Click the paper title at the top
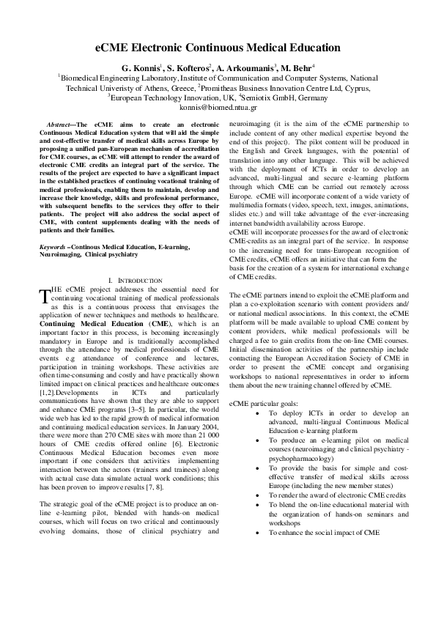218,48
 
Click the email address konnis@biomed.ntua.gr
218,106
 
